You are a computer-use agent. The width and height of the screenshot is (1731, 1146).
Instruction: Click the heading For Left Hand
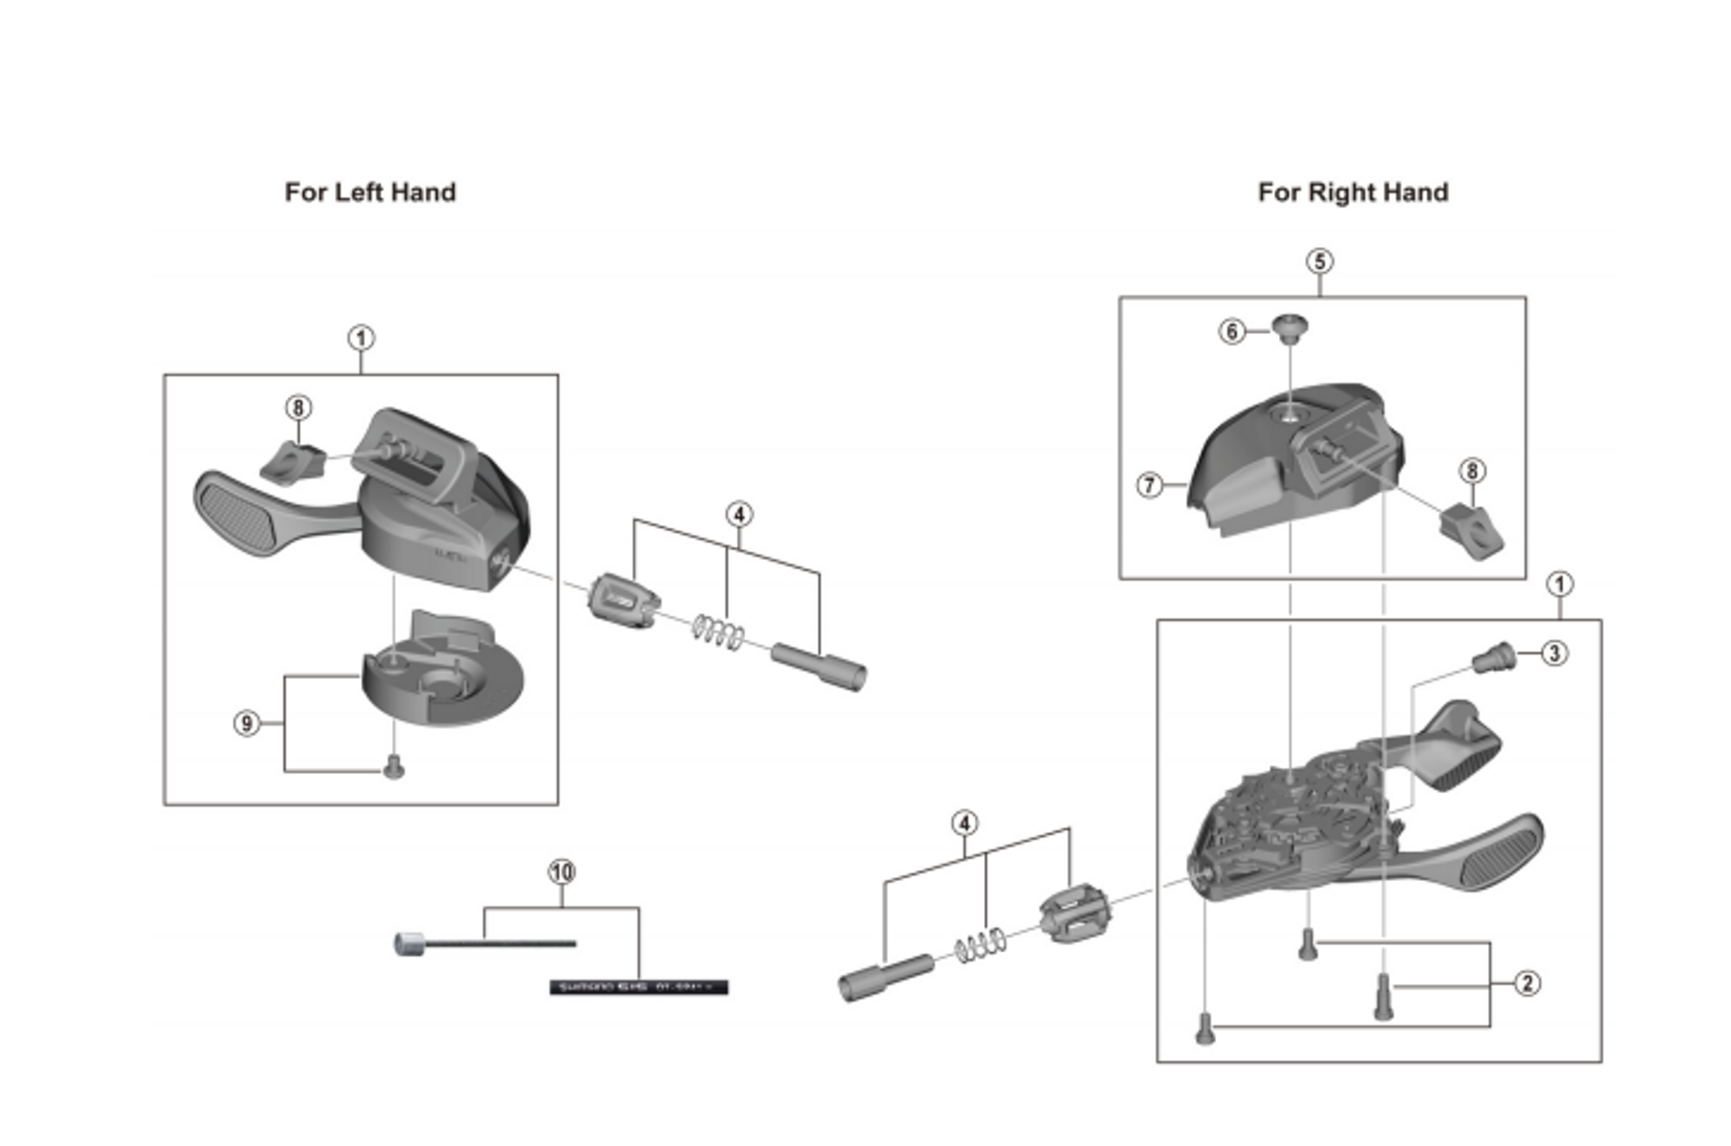[x=370, y=192]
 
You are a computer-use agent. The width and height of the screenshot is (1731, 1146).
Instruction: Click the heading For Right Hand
[x=1352, y=192]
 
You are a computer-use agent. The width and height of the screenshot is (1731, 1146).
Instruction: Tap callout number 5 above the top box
[x=1319, y=261]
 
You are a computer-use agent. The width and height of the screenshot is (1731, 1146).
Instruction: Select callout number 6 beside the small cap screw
[x=1232, y=332]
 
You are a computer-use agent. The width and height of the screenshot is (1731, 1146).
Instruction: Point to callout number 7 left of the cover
[x=1149, y=485]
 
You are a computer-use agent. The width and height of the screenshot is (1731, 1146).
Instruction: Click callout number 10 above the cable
[x=562, y=872]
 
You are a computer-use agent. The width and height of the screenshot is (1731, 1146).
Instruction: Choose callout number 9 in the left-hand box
[x=247, y=724]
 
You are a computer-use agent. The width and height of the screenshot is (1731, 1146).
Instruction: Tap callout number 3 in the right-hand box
[x=1554, y=653]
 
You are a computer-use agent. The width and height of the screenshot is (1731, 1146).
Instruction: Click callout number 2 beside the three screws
[x=1528, y=983]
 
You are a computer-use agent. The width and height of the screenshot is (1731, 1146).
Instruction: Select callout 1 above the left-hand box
[x=361, y=338]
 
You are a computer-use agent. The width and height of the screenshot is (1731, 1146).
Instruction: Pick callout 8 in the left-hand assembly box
[x=298, y=408]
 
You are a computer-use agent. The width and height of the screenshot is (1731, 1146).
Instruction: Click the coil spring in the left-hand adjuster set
[x=718, y=632]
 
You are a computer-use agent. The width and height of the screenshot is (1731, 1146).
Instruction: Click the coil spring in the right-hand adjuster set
[x=981, y=945]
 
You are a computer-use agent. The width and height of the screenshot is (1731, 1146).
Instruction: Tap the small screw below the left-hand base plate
[x=394, y=766]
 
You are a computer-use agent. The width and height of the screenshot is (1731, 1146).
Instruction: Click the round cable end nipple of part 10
[x=409, y=943]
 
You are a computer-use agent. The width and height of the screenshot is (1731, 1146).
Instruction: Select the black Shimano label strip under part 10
[x=639, y=987]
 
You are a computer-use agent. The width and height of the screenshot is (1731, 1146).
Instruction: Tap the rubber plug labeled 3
[x=1495, y=659]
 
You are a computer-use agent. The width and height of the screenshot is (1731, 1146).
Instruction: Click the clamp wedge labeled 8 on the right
[x=1471, y=530]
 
